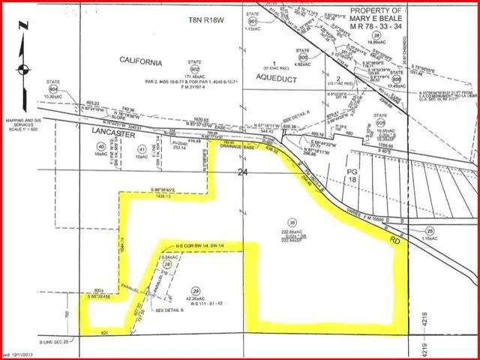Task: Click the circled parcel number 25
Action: click(430, 230)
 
